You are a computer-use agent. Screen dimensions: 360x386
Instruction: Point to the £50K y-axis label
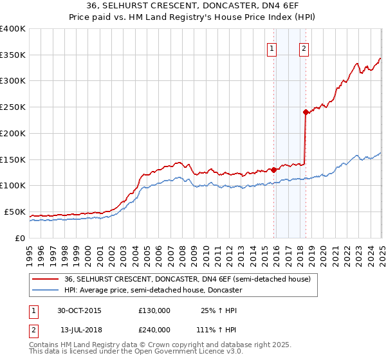coord(15,212)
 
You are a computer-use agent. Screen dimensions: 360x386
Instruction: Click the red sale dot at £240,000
coord(306,112)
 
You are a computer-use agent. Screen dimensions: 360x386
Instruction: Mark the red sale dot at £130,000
coord(274,170)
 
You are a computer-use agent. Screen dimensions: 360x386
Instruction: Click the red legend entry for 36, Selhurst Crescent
coord(187,279)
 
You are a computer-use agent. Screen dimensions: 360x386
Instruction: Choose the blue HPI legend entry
coord(152,290)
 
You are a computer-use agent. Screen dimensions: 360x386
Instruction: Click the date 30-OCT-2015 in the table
coord(79,310)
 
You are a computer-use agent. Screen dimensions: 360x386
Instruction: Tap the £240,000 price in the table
coord(154,328)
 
